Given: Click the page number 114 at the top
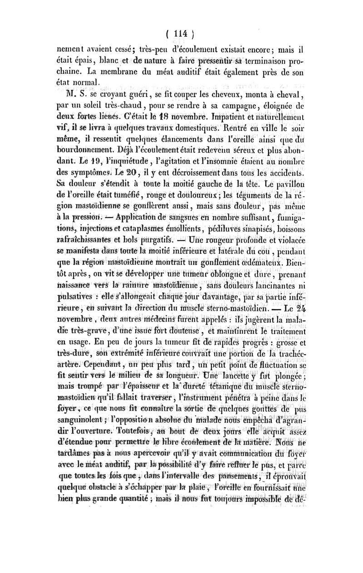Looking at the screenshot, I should (182, 33).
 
